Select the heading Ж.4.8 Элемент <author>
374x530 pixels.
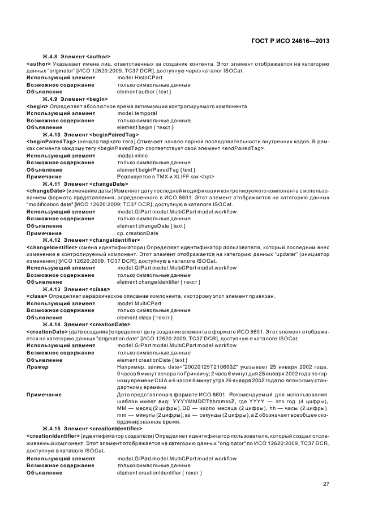point(76,57)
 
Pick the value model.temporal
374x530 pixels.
point(136,113)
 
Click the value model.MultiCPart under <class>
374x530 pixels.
point(139,303)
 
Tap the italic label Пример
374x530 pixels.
point(37,366)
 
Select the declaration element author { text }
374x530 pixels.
point(144,92)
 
